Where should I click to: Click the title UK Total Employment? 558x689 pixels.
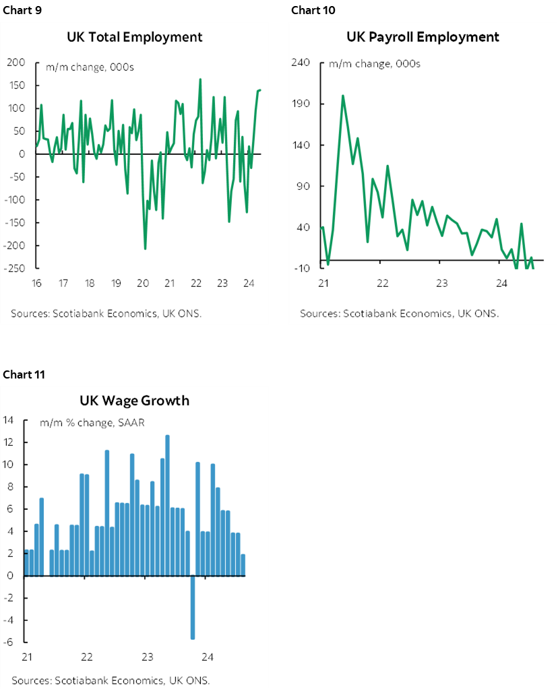coord(135,37)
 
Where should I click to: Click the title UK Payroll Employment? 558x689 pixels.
coord(423,37)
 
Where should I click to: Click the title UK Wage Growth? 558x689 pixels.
coord(135,401)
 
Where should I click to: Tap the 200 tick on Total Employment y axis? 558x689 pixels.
coord(17,63)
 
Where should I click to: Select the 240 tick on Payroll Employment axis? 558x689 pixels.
coord(301,63)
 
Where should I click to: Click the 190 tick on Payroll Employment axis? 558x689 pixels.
coord(301,104)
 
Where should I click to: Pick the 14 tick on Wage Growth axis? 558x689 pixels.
coord(9,420)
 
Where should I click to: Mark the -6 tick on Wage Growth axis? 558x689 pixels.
coord(9,643)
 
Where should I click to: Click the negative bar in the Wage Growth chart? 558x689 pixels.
coord(192,606)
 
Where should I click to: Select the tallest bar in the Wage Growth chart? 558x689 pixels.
coord(167,505)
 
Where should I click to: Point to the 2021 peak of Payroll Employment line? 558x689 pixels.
coord(342,96)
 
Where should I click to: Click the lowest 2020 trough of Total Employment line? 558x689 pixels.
coord(145,249)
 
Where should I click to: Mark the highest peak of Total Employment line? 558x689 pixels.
coord(200,79)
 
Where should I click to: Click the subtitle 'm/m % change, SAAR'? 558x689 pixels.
coord(92,423)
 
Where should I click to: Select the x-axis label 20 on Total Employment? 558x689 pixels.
coord(143,283)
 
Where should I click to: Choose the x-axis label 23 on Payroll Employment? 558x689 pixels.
coord(441,283)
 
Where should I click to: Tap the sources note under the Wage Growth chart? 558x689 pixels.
coord(111,680)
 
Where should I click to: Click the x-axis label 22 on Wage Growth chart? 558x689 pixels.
coord(87,657)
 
